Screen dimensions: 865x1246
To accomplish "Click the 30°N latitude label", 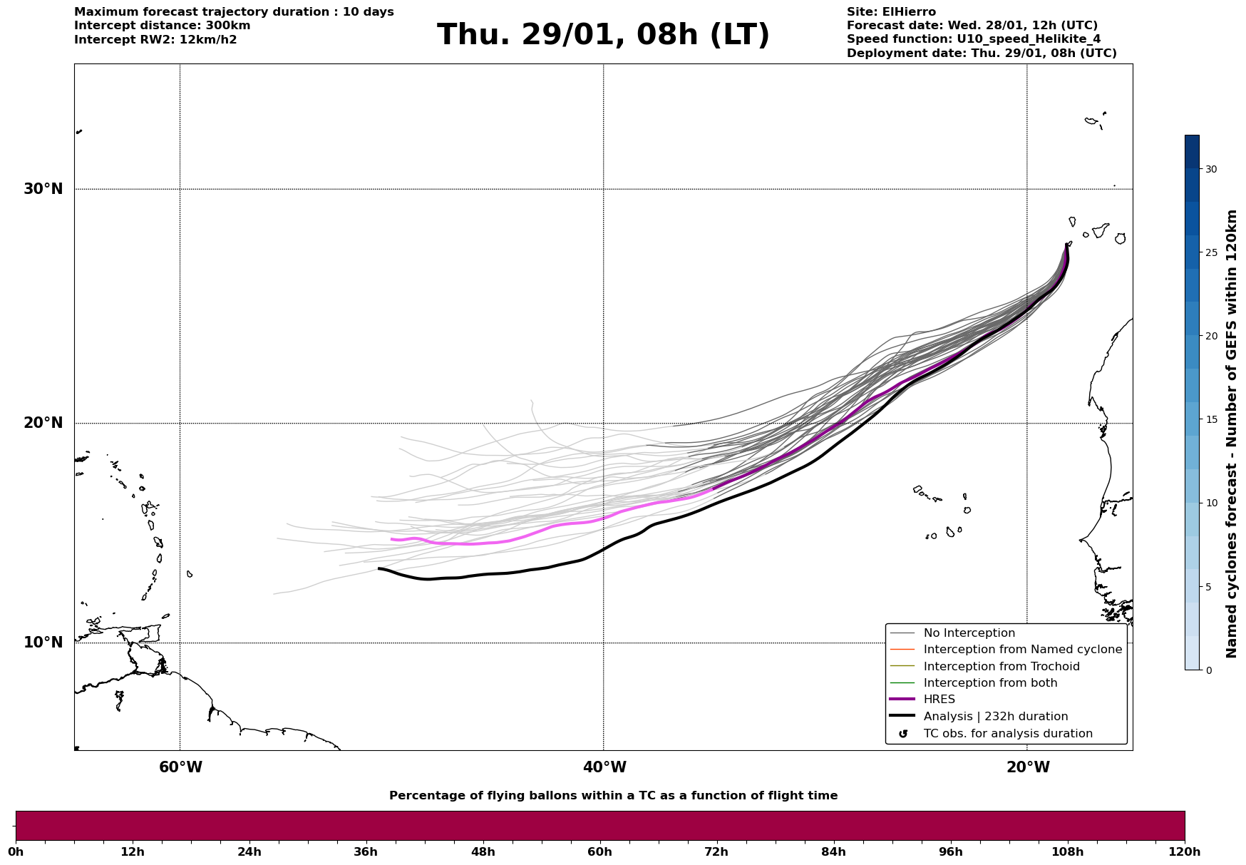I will tap(43, 189).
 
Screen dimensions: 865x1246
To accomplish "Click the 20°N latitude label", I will tap(43, 423).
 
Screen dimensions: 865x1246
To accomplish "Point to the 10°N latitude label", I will tap(43, 643).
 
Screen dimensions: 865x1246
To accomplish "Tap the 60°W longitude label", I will tap(180, 767).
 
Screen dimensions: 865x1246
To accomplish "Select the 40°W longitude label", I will tap(604, 767).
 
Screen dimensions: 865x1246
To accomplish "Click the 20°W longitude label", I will tap(1028, 767).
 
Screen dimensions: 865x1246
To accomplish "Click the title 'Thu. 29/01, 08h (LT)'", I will tap(603, 35).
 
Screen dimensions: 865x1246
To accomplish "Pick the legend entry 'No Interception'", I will tap(969, 633).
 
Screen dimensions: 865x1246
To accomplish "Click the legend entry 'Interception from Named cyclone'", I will tap(1022, 650).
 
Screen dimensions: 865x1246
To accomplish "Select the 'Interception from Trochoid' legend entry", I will tap(1001, 667).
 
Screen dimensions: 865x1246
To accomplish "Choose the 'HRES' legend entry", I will tap(939, 700).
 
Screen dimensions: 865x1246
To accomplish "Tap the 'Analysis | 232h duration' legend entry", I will tap(995, 717).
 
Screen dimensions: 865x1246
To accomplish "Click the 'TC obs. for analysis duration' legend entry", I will tap(1007, 734).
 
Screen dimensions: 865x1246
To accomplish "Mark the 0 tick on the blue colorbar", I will tap(1209, 670).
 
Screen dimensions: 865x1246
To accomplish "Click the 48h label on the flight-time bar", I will tap(483, 852).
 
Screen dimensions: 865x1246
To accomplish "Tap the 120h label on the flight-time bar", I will tap(1185, 852).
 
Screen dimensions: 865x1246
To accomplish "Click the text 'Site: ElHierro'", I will tap(891, 12).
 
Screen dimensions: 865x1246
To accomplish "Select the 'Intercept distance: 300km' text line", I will tap(162, 26).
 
